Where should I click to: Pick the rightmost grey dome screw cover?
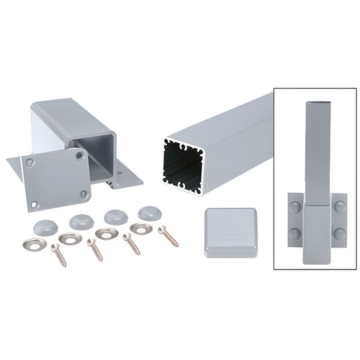coord(149,211)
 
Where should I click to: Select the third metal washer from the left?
coord(106,233)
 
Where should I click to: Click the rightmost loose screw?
coord(166,234)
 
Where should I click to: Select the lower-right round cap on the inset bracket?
coord(338,233)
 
